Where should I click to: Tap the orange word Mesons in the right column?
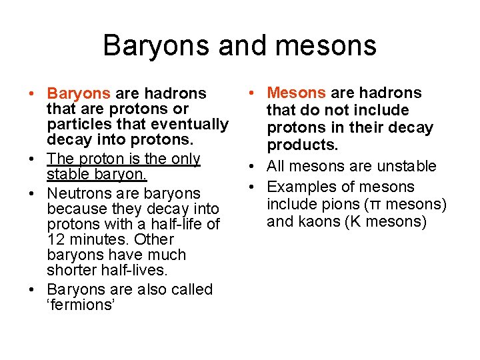297,93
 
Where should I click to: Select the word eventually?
192,124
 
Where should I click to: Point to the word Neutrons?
79,193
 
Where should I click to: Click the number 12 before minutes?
56,239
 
